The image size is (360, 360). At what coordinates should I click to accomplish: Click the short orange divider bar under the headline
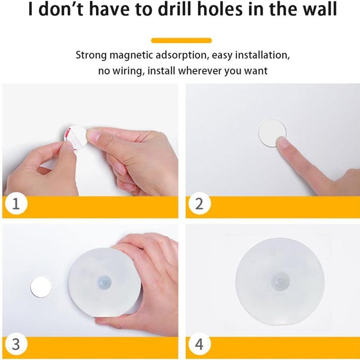[181, 40]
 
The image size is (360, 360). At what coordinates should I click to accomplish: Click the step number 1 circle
[16, 203]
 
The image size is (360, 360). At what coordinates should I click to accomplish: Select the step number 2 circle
[199, 203]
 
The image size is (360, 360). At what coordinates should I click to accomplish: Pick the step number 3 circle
[16, 344]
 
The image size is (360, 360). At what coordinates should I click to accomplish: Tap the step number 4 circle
[199, 344]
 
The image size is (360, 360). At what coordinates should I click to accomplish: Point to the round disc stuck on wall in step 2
[272, 133]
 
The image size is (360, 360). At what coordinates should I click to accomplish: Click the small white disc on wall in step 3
[41, 287]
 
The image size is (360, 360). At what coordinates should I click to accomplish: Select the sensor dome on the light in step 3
[104, 282]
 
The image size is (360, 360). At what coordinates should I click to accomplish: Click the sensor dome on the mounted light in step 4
[280, 281]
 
